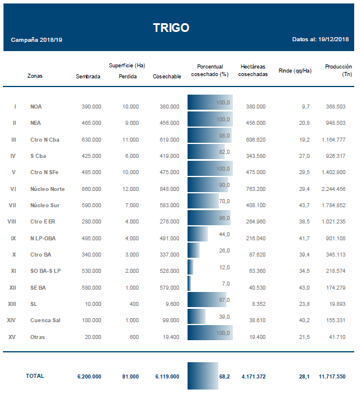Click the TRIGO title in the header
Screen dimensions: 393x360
point(171,28)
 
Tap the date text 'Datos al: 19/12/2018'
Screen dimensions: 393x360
point(321,39)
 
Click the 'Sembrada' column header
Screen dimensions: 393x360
point(88,76)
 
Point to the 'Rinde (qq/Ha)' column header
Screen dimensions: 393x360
point(295,71)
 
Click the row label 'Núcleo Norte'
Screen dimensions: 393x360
point(47,189)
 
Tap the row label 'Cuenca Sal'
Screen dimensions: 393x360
point(45,320)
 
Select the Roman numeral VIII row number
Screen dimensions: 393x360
point(12,222)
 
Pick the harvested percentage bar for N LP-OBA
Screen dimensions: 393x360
point(197,234)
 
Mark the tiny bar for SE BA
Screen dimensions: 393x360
point(189,283)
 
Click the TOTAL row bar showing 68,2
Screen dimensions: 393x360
point(203,376)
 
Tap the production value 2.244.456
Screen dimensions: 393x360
point(332,189)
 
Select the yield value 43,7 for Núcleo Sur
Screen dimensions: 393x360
point(304,205)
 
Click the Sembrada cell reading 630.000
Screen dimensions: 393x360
point(91,140)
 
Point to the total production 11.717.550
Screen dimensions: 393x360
point(332,377)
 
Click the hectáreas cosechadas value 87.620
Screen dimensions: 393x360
point(255,255)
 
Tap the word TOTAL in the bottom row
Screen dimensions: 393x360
point(34,376)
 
